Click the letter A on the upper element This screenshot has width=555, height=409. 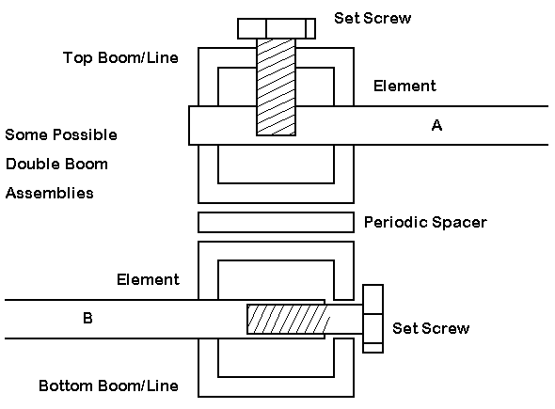436,125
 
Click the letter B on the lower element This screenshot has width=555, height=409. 87,318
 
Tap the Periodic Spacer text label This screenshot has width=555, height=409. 425,222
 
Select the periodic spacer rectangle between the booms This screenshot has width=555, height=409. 276,222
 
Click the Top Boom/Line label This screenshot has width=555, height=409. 120,57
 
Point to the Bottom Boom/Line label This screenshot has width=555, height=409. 108,385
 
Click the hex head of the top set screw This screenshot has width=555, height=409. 277,28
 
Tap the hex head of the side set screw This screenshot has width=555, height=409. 373,319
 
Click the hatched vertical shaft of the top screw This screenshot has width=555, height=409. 276,87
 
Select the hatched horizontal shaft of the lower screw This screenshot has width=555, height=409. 287,319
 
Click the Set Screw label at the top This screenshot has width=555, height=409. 373,18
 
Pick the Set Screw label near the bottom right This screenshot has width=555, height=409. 431,328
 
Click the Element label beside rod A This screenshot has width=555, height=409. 404,86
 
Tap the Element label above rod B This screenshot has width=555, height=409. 148,279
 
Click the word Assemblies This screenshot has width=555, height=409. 50,193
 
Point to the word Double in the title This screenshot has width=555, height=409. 31,165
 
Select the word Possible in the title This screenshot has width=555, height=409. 86,134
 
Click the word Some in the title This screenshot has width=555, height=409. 26,134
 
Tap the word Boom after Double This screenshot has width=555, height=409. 85,165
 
